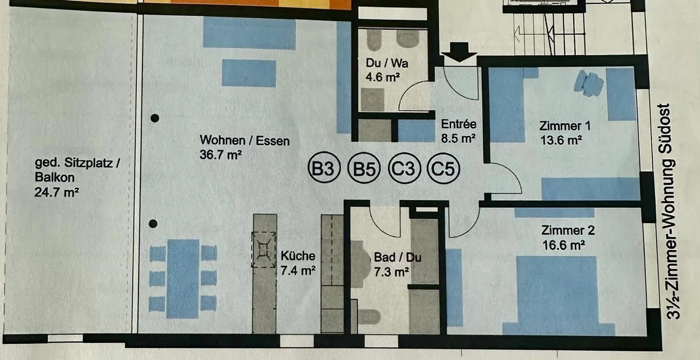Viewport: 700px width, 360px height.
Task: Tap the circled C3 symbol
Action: point(403,170)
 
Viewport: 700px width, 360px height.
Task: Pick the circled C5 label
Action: point(443,170)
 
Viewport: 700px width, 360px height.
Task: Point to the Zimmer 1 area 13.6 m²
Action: point(561,140)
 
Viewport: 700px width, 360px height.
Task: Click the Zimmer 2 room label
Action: point(568,230)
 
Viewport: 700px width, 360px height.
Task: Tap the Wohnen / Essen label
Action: point(245,141)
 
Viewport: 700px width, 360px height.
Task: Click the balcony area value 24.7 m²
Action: point(57,192)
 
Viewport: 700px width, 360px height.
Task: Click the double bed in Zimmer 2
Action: point(556,294)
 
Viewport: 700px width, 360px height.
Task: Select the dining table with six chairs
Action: point(183,279)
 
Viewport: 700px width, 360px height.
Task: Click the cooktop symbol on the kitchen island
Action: point(263,250)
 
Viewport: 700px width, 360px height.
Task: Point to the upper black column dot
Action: point(155,118)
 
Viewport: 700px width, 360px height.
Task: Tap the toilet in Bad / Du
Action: point(370,317)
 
